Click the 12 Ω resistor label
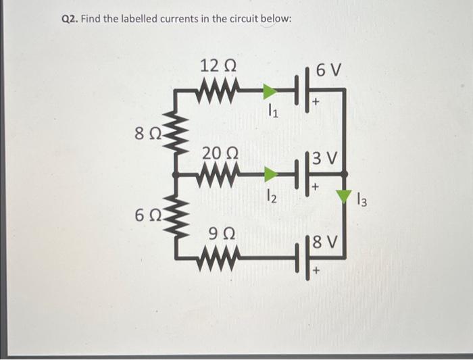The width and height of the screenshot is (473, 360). [x=218, y=67]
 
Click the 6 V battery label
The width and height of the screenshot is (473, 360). [x=329, y=70]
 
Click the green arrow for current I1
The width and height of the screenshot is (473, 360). [x=270, y=91]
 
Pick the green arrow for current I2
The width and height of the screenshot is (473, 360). [x=270, y=175]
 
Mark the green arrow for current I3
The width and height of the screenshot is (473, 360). [x=345, y=197]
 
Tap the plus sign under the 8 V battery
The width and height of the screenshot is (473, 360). [x=315, y=273]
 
